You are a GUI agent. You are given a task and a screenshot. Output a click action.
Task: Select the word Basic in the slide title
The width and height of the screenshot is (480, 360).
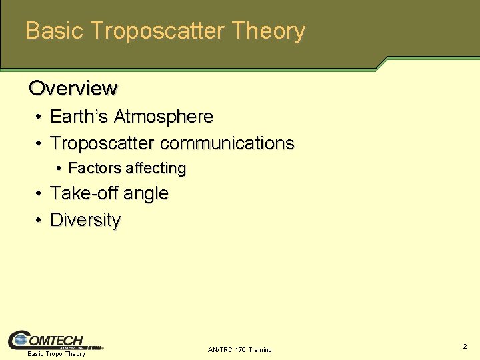(x=54, y=31)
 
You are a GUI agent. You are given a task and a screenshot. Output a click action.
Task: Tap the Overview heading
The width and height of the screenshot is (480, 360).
(x=73, y=88)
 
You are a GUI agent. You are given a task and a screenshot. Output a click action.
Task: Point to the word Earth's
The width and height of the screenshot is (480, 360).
(x=79, y=117)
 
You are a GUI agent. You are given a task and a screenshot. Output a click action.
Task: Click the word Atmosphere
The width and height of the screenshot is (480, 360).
(x=163, y=117)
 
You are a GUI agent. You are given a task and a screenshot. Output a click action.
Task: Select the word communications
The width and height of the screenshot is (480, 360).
(x=227, y=143)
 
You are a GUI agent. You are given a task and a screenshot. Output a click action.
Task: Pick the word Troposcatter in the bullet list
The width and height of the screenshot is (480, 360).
(x=103, y=143)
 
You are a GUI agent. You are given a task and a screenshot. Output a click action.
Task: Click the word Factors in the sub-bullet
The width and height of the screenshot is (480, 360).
(x=93, y=168)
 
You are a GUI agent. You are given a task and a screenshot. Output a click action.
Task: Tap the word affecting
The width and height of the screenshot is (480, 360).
(x=154, y=168)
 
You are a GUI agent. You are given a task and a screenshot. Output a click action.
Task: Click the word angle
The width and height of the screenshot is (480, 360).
(x=147, y=194)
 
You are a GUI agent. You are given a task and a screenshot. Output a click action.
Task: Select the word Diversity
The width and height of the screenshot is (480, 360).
(x=85, y=220)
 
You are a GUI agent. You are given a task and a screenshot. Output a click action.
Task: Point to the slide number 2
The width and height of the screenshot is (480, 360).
(x=465, y=347)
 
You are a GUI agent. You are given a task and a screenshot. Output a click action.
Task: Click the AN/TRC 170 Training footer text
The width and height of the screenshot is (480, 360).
(x=239, y=350)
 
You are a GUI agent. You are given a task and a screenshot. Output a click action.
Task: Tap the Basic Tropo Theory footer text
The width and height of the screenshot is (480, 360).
(x=56, y=354)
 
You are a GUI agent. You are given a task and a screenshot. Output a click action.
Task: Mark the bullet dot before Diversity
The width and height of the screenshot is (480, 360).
(x=40, y=221)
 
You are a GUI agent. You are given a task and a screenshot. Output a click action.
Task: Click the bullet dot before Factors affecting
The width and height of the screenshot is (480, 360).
(x=59, y=169)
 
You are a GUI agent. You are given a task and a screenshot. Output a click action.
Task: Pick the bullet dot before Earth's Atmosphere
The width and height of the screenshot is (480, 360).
(x=40, y=117)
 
